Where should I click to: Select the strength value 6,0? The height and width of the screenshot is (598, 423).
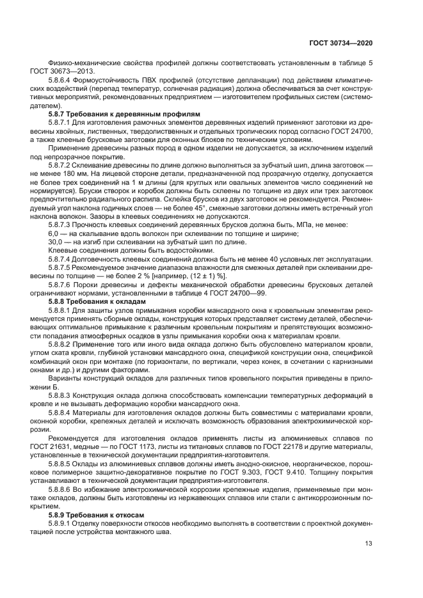[x=54, y=235]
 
